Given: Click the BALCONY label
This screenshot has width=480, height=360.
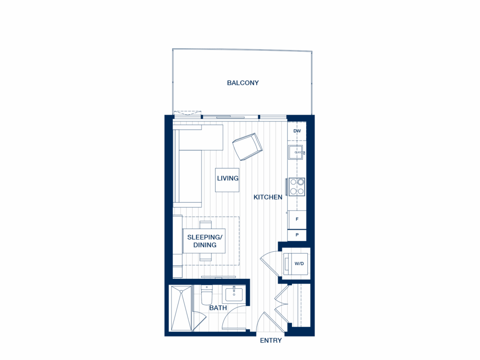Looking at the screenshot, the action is coord(243,83).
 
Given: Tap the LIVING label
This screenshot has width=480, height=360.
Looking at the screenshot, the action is coord(227,178).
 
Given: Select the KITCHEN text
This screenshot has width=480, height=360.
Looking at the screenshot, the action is coord(268,197).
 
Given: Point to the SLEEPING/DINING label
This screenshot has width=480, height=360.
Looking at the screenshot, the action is coord(205,241).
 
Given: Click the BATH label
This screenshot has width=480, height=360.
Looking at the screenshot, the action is coord(218,307).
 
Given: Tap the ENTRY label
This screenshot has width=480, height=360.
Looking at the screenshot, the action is coord(270,340).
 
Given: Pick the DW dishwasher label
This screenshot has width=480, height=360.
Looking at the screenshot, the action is coord(297,131).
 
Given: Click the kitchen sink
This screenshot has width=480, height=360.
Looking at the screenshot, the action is coord(296,152).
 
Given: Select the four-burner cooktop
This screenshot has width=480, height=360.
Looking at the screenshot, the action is coord(296,187).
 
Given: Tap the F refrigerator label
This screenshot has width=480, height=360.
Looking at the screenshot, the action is coord(297,219).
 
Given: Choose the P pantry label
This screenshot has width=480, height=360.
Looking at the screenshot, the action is coord(297,235).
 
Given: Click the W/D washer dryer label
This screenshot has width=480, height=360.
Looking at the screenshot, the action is coord(299,263).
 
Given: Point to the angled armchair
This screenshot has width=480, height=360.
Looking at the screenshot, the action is coord(247,147).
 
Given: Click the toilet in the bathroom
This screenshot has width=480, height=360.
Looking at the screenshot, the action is coord(207,295).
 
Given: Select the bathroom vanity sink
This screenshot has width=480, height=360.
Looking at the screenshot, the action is coord(234,294).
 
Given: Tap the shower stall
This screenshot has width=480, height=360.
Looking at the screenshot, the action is coord(181,308).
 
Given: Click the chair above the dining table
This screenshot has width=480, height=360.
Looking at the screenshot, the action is coord(205,225).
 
